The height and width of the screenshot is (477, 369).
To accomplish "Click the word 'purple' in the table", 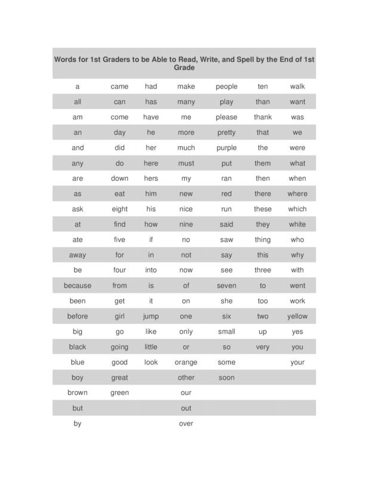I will click(x=226, y=148).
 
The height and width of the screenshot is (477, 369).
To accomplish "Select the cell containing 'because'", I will click(x=78, y=286).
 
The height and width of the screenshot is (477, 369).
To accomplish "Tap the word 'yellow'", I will click(x=297, y=316).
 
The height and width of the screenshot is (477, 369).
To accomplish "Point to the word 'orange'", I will click(x=186, y=362).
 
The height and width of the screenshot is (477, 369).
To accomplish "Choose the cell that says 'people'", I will click(x=226, y=86).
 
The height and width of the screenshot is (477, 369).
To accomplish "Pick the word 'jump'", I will click(x=151, y=316).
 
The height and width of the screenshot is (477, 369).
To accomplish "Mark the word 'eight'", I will click(x=119, y=209).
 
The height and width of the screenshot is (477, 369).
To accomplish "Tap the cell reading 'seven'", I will click(x=226, y=286).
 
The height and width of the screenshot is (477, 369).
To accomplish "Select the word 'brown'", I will click(x=78, y=393).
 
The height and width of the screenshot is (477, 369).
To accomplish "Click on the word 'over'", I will click(x=186, y=424).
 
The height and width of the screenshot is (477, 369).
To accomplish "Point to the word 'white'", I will click(x=297, y=224).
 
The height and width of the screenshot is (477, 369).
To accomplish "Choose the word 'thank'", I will click(x=263, y=117).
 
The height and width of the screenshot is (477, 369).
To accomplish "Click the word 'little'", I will click(x=151, y=347).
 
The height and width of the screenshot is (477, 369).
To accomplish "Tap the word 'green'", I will click(x=119, y=393).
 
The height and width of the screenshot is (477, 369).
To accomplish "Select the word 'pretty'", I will click(x=226, y=132).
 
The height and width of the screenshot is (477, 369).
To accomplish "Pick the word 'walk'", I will click(x=297, y=86).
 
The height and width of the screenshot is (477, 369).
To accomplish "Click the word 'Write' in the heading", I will click(x=192, y=60).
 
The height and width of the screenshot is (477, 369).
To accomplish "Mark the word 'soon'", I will click(x=226, y=377).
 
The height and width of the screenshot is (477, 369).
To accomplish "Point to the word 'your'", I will click(x=297, y=362).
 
